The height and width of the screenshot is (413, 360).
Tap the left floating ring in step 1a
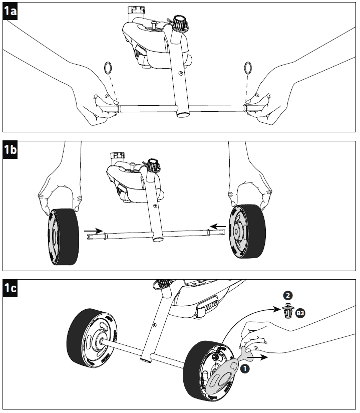pyautogui.click(x=108, y=67)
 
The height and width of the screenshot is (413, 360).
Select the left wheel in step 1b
pyautogui.click(x=63, y=237)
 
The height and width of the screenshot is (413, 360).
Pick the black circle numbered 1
pyautogui.click(x=245, y=368)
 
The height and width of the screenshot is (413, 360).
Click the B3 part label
pyautogui.click(x=300, y=313)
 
